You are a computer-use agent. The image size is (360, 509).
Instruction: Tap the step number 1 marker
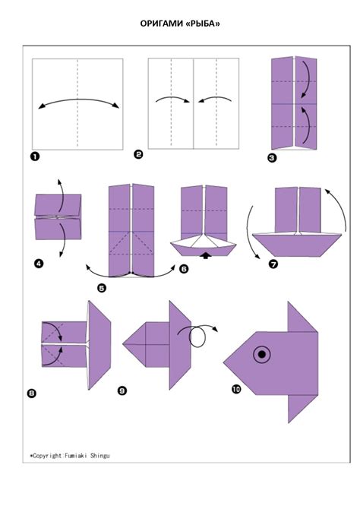(x=35, y=156)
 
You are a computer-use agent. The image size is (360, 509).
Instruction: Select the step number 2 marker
(x=138, y=154)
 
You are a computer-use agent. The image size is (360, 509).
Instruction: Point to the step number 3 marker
(x=272, y=158)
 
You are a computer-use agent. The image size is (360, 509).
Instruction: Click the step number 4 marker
(x=38, y=264)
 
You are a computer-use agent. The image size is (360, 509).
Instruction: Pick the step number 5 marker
(x=102, y=288)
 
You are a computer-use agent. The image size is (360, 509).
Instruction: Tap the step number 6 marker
(x=184, y=269)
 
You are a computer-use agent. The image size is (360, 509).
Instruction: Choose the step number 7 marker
(x=273, y=264)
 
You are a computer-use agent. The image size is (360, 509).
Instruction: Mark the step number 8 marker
(x=32, y=394)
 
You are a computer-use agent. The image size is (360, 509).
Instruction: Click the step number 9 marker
(x=122, y=390)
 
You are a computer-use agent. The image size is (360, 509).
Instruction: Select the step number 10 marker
(x=236, y=388)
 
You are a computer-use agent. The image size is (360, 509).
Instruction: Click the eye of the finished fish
(x=262, y=354)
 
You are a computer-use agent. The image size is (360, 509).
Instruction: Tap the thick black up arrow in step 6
(x=206, y=256)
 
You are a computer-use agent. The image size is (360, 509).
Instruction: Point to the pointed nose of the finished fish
(x=223, y=363)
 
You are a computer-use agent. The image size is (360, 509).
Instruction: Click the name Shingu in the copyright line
(x=100, y=456)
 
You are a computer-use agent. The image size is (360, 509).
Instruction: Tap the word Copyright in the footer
(x=47, y=456)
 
